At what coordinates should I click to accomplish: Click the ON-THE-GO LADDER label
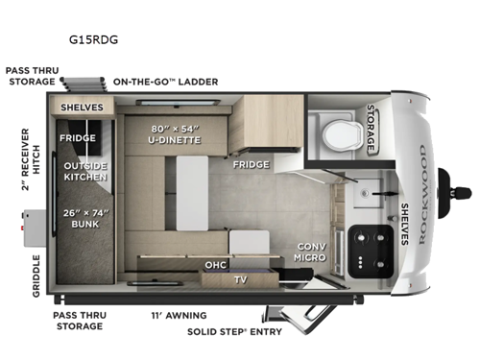pos(166,82)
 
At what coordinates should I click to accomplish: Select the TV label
pos(239,279)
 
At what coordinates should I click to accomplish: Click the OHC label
pos(215,265)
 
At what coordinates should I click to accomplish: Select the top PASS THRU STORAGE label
pos(32,76)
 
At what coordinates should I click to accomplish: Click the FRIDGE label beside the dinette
pos(250,165)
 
